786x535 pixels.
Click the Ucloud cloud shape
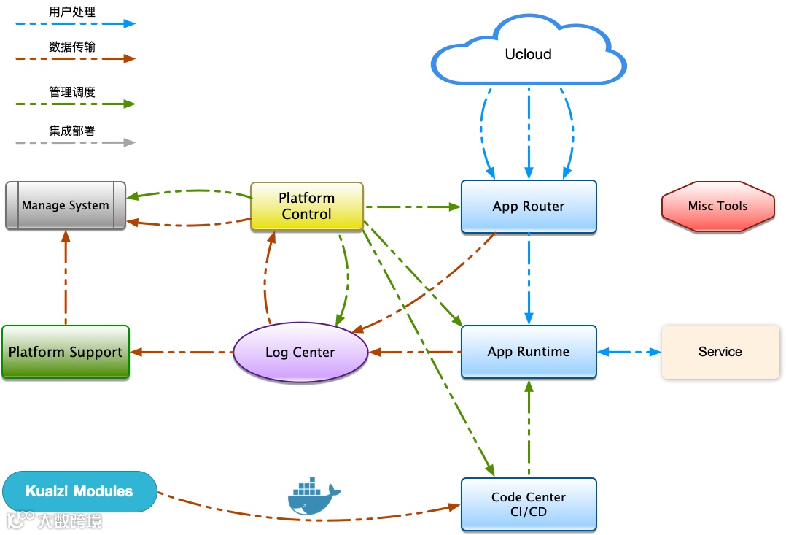529,54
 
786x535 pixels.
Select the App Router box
529,207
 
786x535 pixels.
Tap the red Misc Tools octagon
717,207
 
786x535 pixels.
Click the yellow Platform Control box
307,207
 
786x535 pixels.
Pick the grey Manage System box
66,206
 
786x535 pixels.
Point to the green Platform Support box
66,352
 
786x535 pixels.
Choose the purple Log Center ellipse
300,353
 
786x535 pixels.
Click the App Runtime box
529,352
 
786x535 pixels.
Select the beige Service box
720,352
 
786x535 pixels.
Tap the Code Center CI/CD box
529,504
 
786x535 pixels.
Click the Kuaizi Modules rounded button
79,491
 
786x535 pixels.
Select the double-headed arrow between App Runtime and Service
629,352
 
